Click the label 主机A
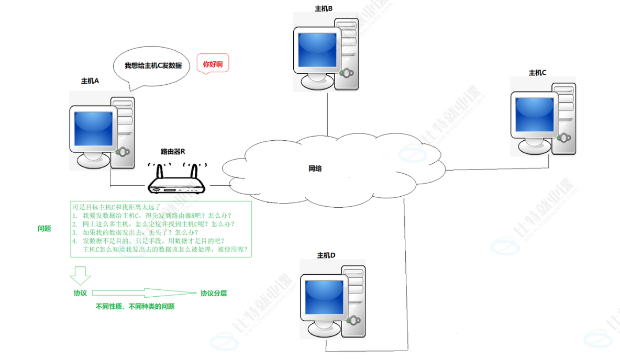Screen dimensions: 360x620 pyautogui.click(x=90, y=81)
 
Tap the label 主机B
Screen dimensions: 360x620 pyautogui.click(x=324, y=8)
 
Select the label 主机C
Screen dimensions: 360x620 pyautogui.click(x=537, y=73)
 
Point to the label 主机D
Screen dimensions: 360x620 pyautogui.click(x=326, y=255)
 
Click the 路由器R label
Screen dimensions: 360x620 pyautogui.click(x=173, y=152)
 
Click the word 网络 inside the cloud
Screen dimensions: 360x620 pyautogui.click(x=315, y=168)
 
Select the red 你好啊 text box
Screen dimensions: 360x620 pyautogui.click(x=213, y=64)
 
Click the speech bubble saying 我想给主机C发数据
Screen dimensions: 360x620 pyautogui.click(x=152, y=66)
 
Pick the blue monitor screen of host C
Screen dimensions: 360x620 pyautogui.click(x=534, y=115)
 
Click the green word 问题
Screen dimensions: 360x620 pyautogui.click(x=44, y=229)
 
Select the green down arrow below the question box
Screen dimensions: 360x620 pyautogui.click(x=81, y=275)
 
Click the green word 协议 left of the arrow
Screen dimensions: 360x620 pyautogui.click(x=80, y=294)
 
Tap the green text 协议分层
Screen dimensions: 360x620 pyautogui.click(x=214, y=294)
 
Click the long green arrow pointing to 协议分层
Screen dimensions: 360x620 pyautogui.click(x=144, y=294)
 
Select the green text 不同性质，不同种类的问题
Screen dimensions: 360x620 pyautogui.click(x=135, y=307)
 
